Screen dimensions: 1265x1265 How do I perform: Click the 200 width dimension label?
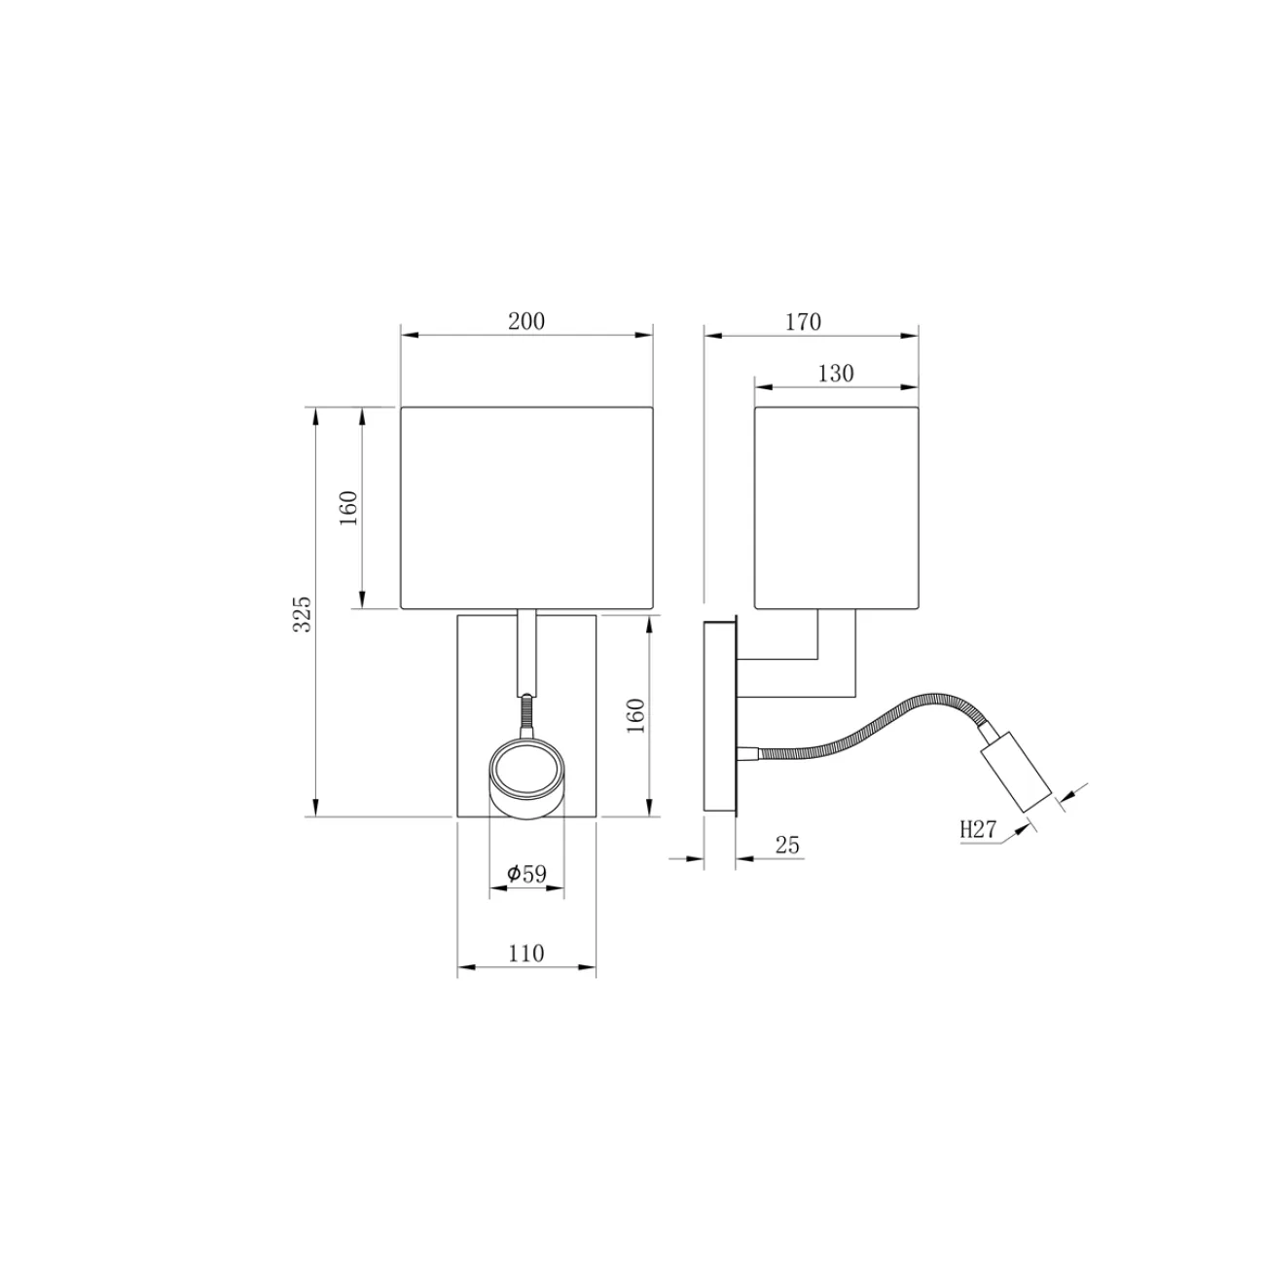(x=526, y=321)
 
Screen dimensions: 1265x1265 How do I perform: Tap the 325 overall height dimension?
(x=303, y=614)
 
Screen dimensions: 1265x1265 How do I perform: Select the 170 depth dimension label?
(x=804, y=321)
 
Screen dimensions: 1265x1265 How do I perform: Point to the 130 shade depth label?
(x=835, y=374)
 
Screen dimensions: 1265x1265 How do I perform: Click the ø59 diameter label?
(x=526, y=874)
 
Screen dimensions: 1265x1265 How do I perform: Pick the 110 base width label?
(x=526, y=954)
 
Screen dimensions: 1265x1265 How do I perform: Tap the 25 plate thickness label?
(x=787, y=845)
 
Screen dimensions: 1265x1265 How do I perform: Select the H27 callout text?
(x=979, y=829)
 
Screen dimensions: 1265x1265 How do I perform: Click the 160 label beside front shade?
(x=349, y=508)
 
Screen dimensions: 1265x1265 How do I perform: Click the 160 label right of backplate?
(x=635, y=715)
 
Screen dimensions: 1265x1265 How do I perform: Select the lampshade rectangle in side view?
(x=837, y=508)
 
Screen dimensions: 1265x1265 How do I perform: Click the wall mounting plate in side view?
(x=721, y=715)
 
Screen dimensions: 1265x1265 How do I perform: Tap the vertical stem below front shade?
(x=526, y=652)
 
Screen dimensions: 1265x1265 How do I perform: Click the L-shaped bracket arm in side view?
(x=837, y=671)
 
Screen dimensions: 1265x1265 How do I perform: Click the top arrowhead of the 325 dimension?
(x=315, y=415)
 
